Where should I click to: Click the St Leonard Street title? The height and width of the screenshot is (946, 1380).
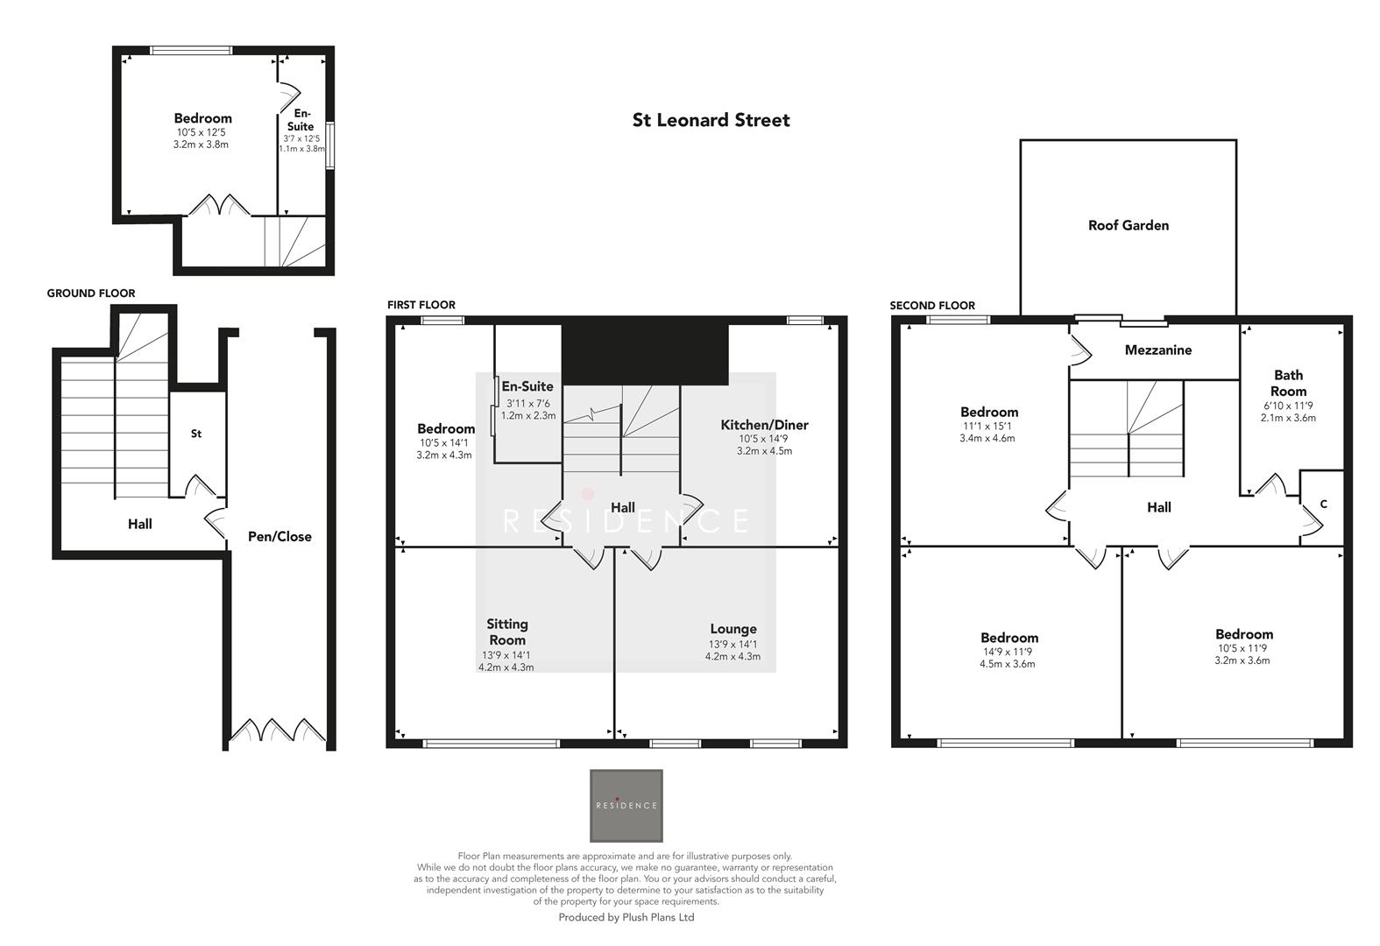(711, 120)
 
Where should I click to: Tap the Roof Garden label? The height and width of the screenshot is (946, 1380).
(1128, 225)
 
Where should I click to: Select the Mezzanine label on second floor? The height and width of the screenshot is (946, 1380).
(1157, 349)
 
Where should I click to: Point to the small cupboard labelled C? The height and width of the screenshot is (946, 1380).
(1323, 504)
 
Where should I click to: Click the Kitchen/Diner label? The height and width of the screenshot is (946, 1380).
(764, 425)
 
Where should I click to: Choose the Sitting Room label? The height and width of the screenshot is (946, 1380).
(507, 632)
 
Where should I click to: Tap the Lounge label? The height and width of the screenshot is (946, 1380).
(732, 629)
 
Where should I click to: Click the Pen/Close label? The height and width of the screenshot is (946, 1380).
(280, 536)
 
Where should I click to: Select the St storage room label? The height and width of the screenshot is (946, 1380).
(196, 434)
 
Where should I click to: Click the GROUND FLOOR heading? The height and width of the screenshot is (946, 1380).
(91, 293)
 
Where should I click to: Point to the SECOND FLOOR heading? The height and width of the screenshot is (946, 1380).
(932, 306)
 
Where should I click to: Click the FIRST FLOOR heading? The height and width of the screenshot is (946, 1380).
(421, 305)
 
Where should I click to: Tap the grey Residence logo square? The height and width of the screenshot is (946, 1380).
(626, 805)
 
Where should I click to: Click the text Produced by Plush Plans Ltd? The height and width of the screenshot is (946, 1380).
(626, 917)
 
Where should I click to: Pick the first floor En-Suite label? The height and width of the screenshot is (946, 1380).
(527, 386)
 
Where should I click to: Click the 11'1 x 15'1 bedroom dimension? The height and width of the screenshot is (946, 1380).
(987, 426)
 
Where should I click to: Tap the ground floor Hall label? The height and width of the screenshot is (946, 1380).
(139, 524)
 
